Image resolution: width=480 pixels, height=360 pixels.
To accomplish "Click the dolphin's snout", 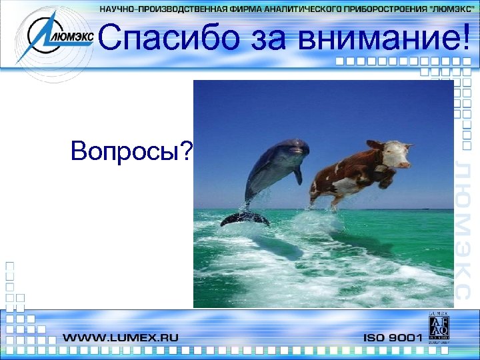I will tap(303, 143).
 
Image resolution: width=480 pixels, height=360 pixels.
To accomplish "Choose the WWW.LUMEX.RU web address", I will tap(121, 337).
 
